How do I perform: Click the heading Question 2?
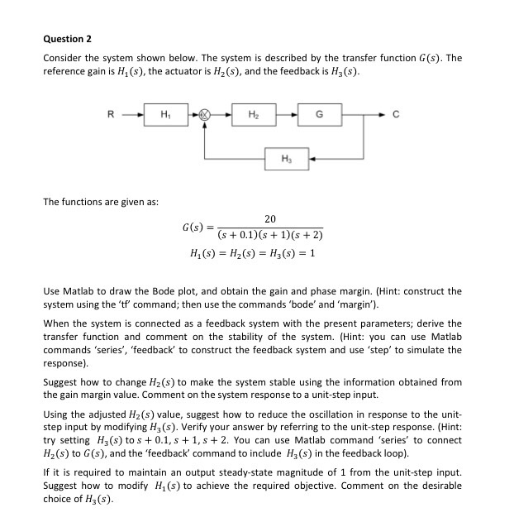(67, 39)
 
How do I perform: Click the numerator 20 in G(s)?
(270, 219)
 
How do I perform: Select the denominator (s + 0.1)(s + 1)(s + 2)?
(270, 235)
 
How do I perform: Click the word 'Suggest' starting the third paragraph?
(60, 382)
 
